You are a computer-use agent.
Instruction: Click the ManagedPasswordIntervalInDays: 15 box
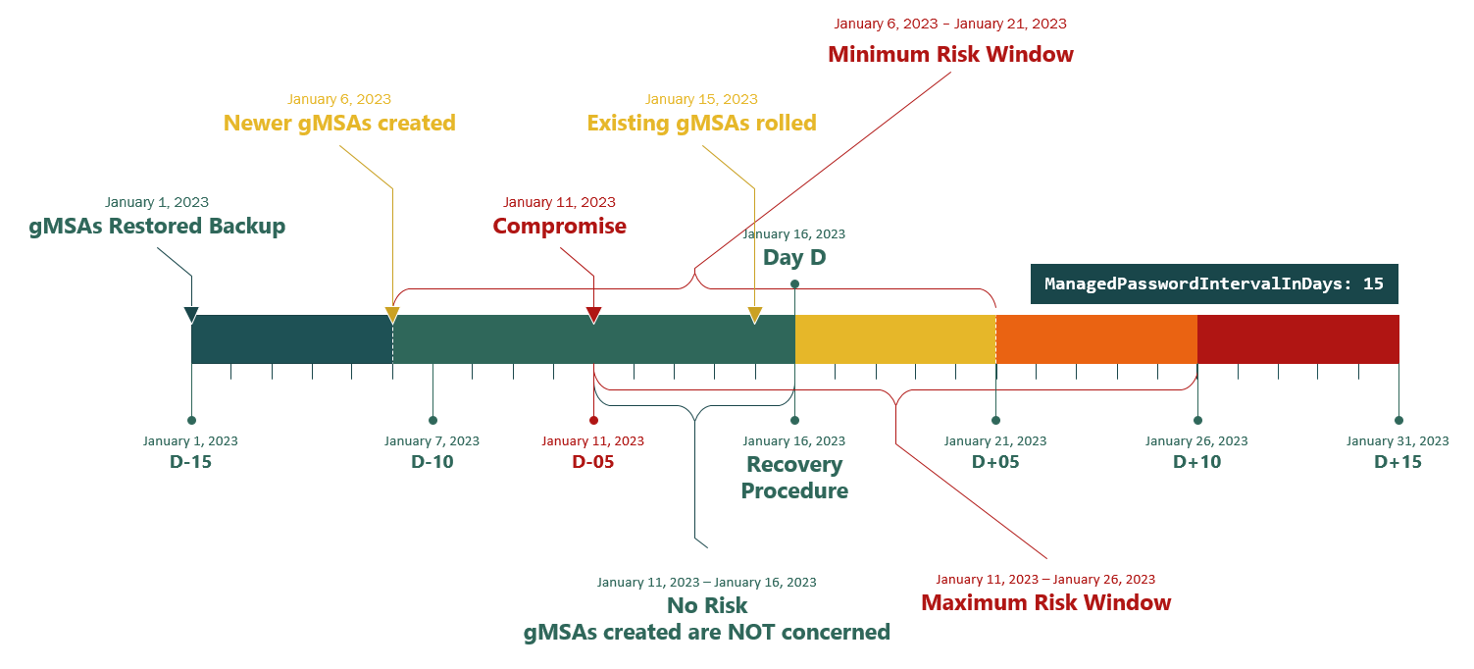click(x=1214, y=283)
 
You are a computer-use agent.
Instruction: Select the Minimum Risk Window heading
click(x=950, y=54)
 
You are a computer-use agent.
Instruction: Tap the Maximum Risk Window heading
click(x=1045, y=602)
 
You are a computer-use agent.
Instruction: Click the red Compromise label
click(x=559, y=226)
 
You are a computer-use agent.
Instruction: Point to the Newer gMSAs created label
click(x=339, y=124)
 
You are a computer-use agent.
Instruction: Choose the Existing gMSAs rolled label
click(x=701, y=124)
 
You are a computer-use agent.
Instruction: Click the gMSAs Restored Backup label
click(x=157, y=226)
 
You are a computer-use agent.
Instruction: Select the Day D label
click(x=794, y=257)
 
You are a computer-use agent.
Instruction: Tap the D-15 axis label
click(x=191, y=462)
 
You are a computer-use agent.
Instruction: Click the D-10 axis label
click(x=432, y=462)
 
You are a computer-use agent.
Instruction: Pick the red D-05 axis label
click(x=593, y=462)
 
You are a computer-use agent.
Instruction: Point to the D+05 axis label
click(x=995, y=462)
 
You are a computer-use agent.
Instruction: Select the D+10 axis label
click(x=1197, y=462)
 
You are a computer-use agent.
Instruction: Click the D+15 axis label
click(x=1398, y=462)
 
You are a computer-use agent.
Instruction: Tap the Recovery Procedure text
click(x=794, y=478)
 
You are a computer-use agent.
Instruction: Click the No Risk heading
click(x=707, y=605)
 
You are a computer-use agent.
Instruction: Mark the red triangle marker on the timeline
click(x=593, y=316)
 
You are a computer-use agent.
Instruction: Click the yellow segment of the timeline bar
click(x=895, y=339)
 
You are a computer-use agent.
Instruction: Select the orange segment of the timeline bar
click(x=1097, y=339)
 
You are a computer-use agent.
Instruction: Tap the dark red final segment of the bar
click(x=1298, y=339)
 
